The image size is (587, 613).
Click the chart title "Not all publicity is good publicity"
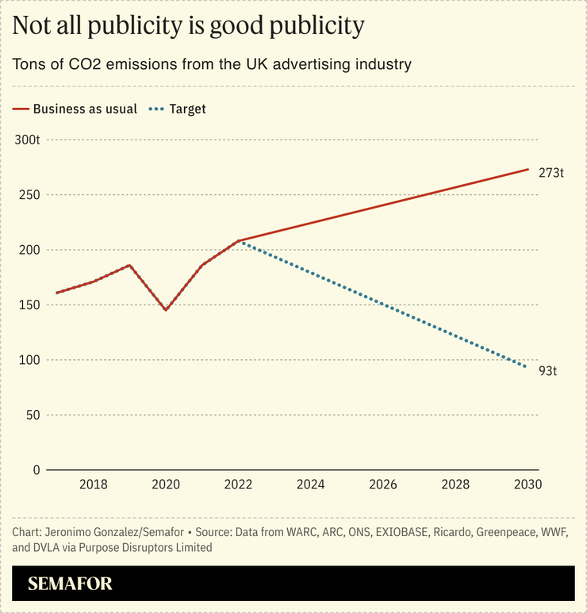[x=189, y=26]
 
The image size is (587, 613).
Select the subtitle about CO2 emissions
[x=212, y=64]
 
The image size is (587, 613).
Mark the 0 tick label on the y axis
[x=36, y=470]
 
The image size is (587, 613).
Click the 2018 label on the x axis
[x=94, y=485]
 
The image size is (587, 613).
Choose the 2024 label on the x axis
[x=310, y=485]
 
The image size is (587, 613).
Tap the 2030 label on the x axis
[x=527, y=485]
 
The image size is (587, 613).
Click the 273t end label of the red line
[x=551, y=172]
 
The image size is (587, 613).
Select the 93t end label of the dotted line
[x=548, y=370]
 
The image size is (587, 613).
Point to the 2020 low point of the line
[x=166, y=309]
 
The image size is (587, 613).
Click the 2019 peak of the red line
[x=129, y=265]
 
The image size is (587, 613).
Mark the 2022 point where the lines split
[x=238, y=240]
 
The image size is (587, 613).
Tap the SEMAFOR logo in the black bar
[x=70, y=584]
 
